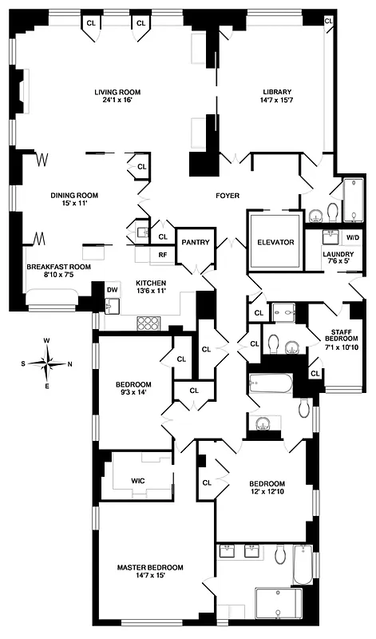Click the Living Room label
point(111,91)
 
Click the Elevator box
point(275,241)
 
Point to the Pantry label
point(194,241)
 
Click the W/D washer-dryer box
point(352,237)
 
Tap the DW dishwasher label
point(112,290)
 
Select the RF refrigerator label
point(162,256)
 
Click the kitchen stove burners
point(149,323)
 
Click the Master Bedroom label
point(150,567)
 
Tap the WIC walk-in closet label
point(138,481)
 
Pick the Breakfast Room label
point(58,267)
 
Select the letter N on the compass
point(71,364)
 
